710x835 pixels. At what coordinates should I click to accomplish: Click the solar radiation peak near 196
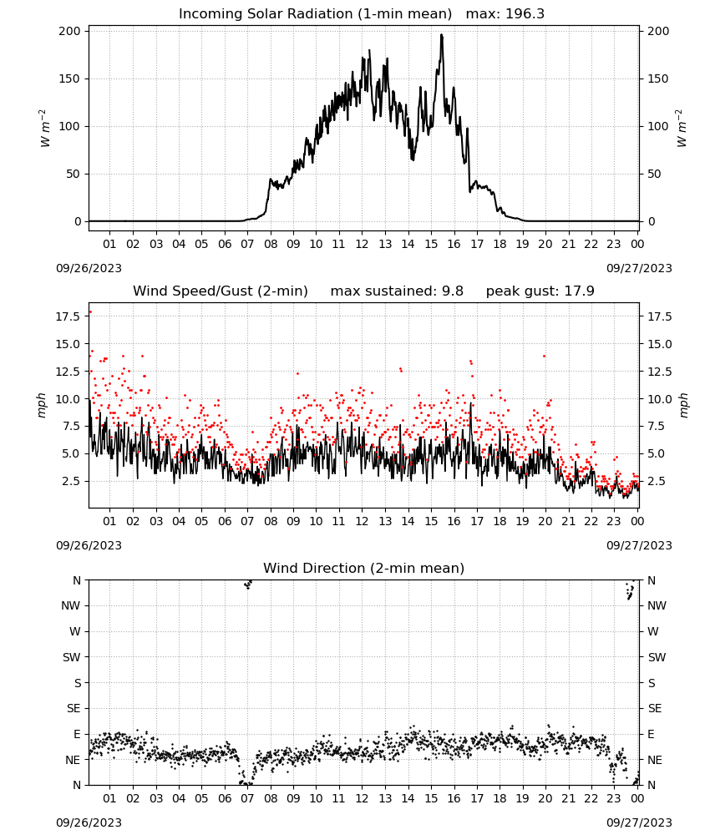[x=441, y=35]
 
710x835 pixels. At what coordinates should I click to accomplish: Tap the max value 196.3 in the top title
[x=525, y=14]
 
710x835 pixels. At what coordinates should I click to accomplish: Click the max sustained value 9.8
[x=453, y=291]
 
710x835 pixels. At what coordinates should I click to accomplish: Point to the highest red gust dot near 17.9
[x=90, y=312]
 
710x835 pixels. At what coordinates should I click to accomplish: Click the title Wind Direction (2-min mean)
[x=364, y=568]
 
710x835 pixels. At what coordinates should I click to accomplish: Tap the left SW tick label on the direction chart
[x=72, y=657]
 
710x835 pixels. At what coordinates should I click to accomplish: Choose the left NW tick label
[x=71, y=605]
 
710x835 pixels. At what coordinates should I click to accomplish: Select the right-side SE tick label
[x=655, y=708]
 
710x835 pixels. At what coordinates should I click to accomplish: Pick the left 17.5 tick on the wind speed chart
[x=68, y=316]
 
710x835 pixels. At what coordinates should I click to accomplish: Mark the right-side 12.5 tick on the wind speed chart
[x=660, y=372]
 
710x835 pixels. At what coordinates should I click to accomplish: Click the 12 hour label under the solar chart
[x=363, y=244]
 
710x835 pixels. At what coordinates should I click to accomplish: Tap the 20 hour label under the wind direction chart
[x=545, y=798]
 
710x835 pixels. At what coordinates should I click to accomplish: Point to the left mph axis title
[x=42, y=405]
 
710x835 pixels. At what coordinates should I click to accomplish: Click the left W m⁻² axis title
[x=43, y=128]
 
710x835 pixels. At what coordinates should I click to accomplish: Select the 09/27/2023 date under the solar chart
[x=639, y=268]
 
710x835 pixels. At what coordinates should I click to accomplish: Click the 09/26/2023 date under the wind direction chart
[x=89, y=822]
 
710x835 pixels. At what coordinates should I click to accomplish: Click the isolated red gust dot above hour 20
[x=544, y=357]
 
